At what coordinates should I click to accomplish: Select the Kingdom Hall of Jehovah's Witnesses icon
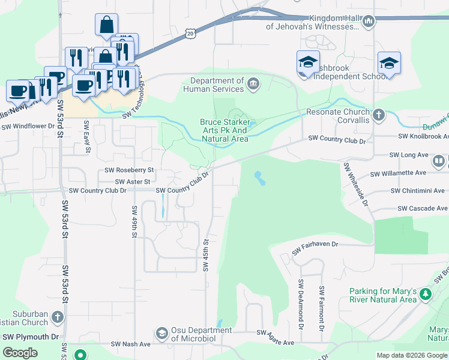click(369, 22)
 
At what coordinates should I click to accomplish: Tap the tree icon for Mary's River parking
click(426, 294)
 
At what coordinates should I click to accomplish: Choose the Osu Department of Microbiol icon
click(161, 333)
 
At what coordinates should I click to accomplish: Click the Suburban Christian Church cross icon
click(57, 316)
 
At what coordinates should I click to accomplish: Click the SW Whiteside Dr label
click(356, 183)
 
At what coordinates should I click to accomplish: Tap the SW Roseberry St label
click(127, 170)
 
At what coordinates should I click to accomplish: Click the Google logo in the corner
click(20, 353)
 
